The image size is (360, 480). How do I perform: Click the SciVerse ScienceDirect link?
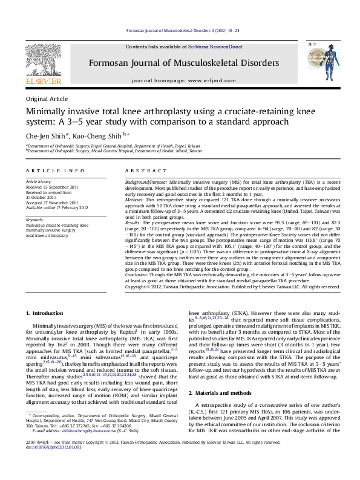coord(215,47)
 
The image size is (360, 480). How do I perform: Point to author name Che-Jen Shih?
coord(45,135)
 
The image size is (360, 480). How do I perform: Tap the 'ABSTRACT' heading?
coord(140,172)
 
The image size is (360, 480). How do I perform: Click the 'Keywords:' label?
coord(35,219)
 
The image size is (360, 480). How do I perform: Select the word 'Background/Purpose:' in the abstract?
coord(146,181)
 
